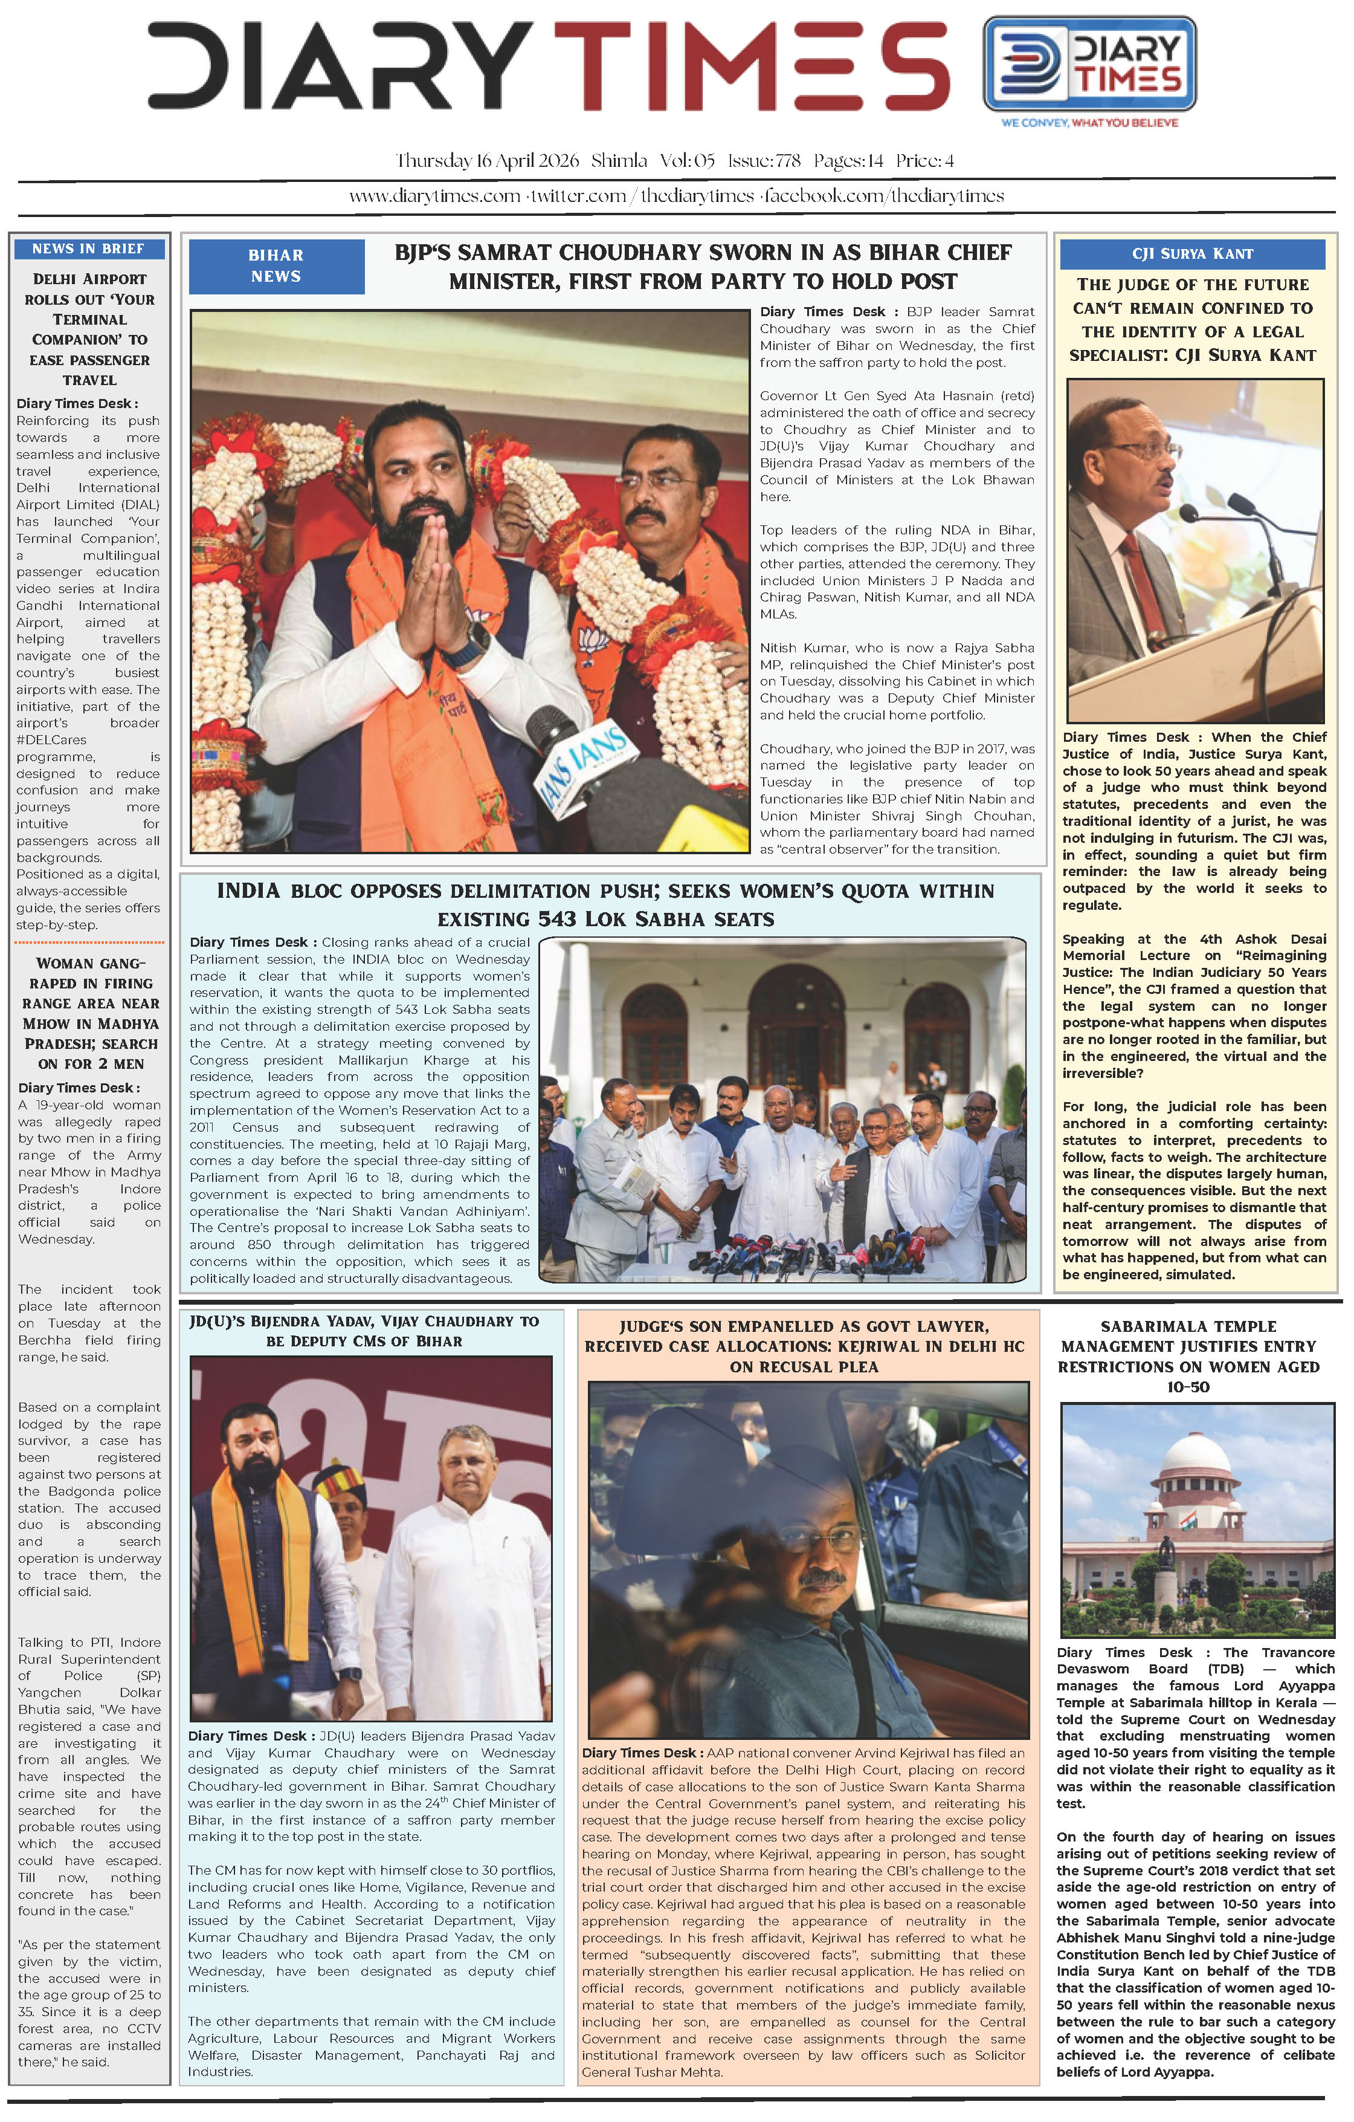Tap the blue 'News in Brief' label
(x=89, y=248)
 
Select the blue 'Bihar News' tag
(x=276, y=266)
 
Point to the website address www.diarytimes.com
(x=434, y=196)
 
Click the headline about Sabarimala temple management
(x=1188, y=1356)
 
